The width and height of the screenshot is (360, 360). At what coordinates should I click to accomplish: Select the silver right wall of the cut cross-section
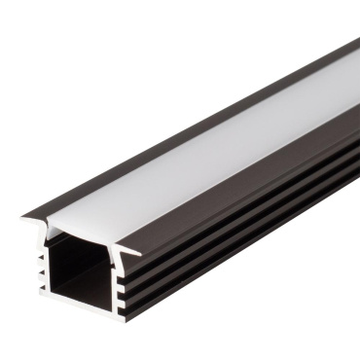point(116,282)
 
